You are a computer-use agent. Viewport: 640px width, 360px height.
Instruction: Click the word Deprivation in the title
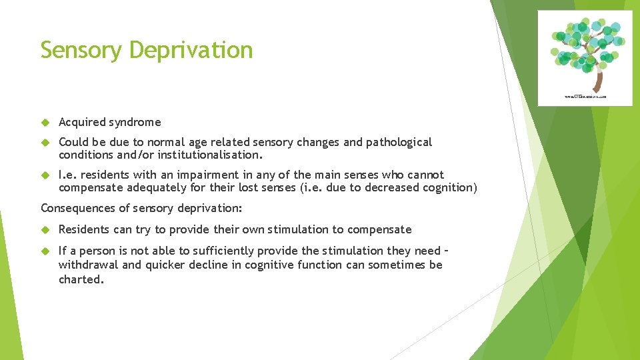click(x=191, y=50)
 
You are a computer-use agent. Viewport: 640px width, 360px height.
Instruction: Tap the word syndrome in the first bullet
click(x=136, y=122)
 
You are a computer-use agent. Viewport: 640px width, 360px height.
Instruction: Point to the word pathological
click(x=398, y=142)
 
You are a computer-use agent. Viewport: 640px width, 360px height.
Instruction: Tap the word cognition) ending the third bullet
click(x=449, y=187)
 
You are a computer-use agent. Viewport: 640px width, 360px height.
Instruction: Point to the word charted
click(x=81, y=279)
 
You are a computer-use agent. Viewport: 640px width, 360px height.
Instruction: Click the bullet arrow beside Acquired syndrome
click(x=45, y=122)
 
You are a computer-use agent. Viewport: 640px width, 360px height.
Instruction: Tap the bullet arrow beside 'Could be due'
click(x=45, y=142)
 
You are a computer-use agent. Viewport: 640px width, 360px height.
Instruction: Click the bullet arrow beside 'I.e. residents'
click(x=45, y=175)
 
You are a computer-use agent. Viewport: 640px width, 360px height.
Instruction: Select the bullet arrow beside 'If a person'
click(x=45, y=251)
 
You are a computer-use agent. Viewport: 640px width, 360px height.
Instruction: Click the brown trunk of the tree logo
click(x=598, y=81)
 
